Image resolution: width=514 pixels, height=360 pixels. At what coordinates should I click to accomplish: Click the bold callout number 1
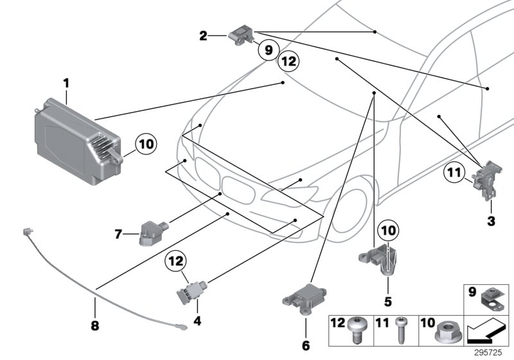[66, 83]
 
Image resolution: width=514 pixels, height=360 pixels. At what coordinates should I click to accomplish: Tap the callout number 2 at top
[203, 37]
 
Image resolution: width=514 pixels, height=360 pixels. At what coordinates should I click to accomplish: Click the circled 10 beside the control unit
[146, 145]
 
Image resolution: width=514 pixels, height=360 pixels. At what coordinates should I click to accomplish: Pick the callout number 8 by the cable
[95, 326]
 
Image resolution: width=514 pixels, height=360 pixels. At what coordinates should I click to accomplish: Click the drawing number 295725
[493, 354]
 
